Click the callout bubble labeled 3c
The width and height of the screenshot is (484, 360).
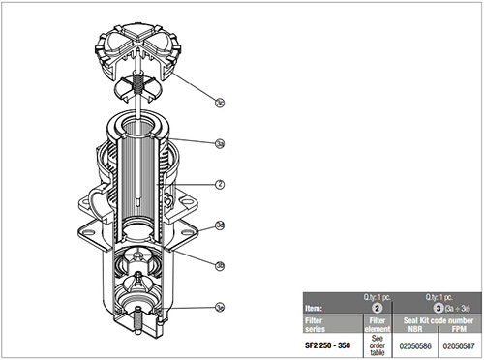click(x=220, y=100)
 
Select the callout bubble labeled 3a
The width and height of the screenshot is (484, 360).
click(x=220, y=143)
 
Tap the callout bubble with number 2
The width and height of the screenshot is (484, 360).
click(x=220, y=183)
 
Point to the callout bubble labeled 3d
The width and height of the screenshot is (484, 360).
click(x=220, y=225)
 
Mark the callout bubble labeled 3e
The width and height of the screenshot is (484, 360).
click(x=220, y=307)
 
